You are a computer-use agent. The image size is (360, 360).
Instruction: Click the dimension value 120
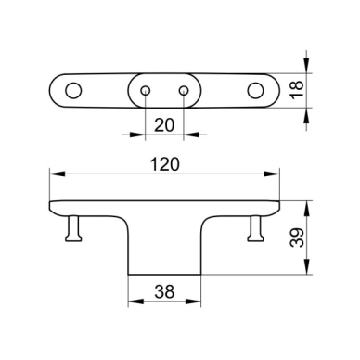click(x=164, y=164)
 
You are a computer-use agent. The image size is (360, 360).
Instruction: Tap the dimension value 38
click(x=164, y=291)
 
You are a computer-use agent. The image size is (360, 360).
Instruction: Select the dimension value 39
click(x=297, y=238)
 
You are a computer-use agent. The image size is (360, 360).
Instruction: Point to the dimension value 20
click(x=164, y=125)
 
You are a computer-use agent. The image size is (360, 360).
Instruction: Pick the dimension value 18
click(x=297, y=90)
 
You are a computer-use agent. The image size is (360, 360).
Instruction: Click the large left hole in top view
click(x=73, y=91)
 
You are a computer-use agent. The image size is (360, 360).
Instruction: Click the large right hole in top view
click(x=255, y=91)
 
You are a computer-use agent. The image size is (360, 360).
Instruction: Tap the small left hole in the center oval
click(x=146, y=91)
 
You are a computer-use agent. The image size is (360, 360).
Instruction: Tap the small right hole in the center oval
click(x=184, y=91)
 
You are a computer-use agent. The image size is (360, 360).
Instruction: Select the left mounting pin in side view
click(x=73, y=228)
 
